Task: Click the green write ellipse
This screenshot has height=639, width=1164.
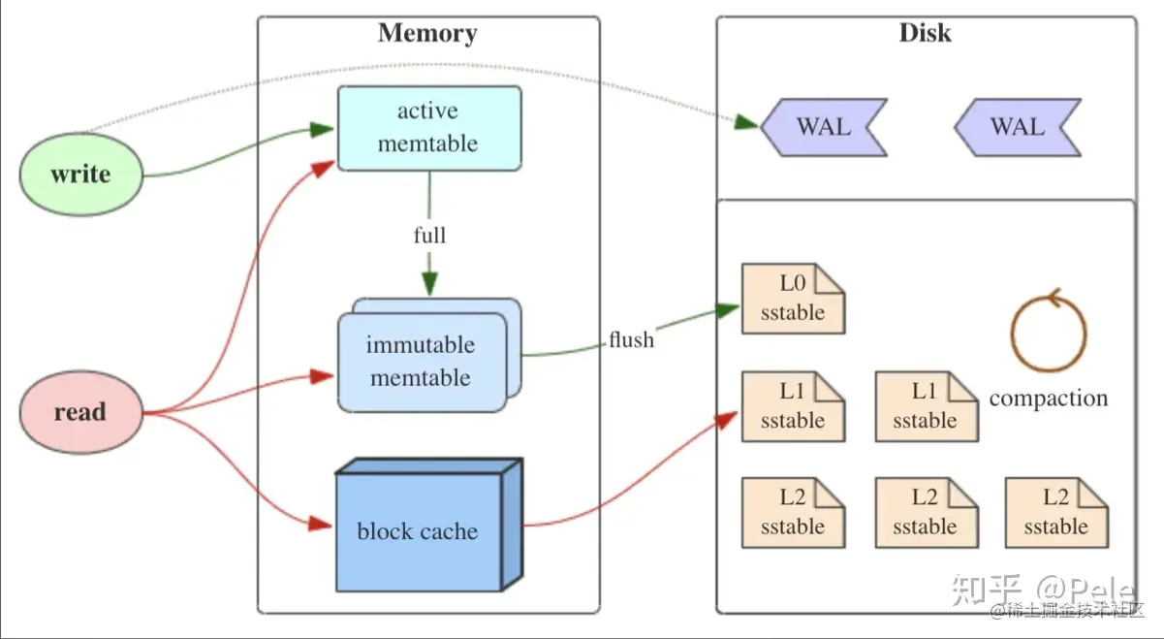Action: (81, 175)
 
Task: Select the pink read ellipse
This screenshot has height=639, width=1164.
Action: (81, 412)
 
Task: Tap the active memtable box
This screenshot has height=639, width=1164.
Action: (429, 128)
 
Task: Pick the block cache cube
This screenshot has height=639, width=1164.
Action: (429, 526)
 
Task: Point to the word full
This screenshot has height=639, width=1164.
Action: (429, 235)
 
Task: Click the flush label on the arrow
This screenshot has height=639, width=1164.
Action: (631, 339)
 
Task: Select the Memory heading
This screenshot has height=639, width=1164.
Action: (427, 33)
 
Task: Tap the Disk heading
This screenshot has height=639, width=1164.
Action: (926, 33)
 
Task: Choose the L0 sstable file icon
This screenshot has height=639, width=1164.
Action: (793, 299)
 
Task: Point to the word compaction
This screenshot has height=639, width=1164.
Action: (1049, 399)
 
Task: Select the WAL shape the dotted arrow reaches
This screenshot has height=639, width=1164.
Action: (824, 127)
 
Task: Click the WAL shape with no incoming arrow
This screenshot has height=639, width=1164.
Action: (1018, 127)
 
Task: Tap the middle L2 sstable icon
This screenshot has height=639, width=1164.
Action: (928, 513)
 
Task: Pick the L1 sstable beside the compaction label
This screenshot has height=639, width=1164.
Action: (928, 406)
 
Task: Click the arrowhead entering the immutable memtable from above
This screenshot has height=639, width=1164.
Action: (429, 283)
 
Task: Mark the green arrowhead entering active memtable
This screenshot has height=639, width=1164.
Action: (322, 129)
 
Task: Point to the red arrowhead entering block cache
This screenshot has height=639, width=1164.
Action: (320, 524)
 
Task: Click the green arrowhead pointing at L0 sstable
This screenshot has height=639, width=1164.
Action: (727, 310)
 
